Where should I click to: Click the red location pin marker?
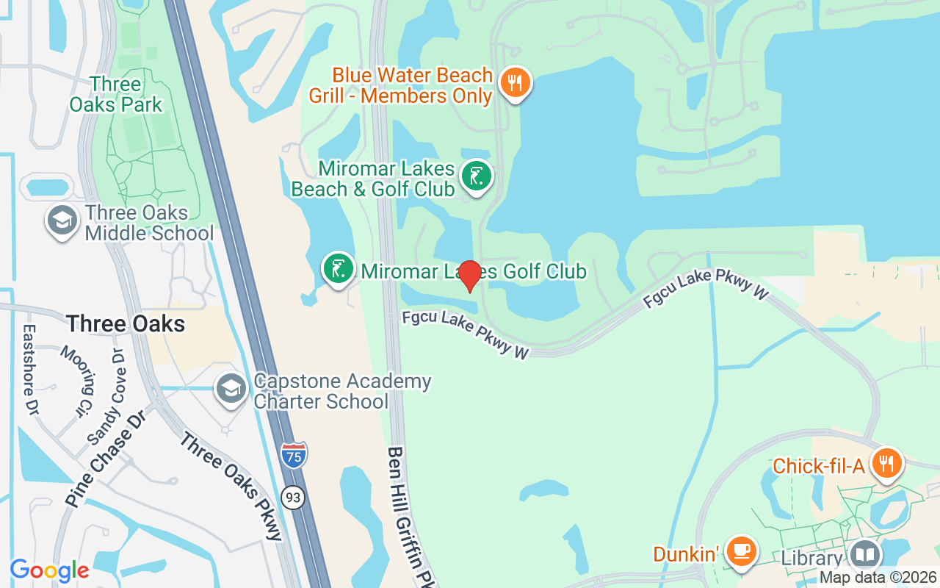click(469, 275)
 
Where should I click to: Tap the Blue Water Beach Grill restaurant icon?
click(516, 83)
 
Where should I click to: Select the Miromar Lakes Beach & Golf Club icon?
click(477, 177)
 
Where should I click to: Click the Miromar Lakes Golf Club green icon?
click(339, 269)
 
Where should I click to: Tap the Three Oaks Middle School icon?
click(62, 220)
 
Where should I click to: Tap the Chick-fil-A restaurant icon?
click(887, 463)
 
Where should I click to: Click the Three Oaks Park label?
click(116, 95)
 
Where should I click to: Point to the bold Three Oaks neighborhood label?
click(126, 323)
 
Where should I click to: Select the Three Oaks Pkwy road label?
click(231, 486)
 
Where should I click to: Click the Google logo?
click(49, 570)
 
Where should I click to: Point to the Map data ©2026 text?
click(878, 578)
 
